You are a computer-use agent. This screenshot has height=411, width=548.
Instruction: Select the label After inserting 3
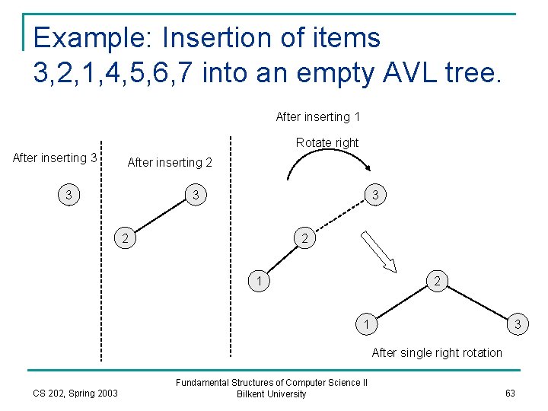pyautogui.click(x=55, y=158)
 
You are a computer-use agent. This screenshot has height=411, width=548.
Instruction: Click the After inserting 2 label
pyautogui.click(x=170, y=162)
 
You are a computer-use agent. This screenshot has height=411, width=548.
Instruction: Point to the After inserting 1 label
pyautogui.click(x=317, y=116)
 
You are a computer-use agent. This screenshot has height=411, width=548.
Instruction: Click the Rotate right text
pyautogui.click(x=327, y=142)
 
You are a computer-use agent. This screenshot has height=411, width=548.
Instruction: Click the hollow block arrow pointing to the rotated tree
pyautogui.click(x=378, y=252)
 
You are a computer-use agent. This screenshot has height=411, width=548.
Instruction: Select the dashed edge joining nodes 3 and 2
pyautogui.click(x=339, y=217)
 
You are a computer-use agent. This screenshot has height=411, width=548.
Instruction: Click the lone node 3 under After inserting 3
pyautogui.click(x=69, y=196)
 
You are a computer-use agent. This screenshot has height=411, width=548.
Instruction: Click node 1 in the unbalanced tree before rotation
pyautogui.click(x=260, y=282)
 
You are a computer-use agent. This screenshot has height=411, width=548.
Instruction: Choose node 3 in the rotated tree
pyautogui.click(x=518, y=325)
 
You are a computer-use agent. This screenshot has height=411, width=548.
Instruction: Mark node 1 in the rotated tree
pyautogui.click(x=367, y=325)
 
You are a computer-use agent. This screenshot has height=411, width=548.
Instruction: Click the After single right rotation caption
pyautogui.click(x=437, y=352)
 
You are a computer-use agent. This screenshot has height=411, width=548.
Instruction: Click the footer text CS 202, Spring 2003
pyautogui.click(x=75, y=393)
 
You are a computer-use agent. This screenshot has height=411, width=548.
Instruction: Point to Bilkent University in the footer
pyautogui.click(x=272, y=394)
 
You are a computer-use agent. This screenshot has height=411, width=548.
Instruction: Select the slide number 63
pyautogui.click(x=510, y=393)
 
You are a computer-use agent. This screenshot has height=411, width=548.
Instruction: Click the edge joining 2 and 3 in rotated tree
pyautogui.click(x=476, y=303)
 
